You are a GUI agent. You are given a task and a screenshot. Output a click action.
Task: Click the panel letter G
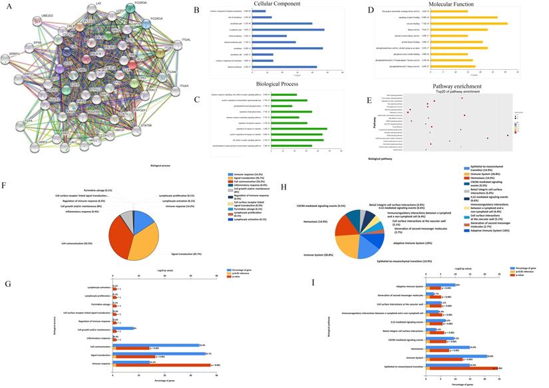7,284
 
